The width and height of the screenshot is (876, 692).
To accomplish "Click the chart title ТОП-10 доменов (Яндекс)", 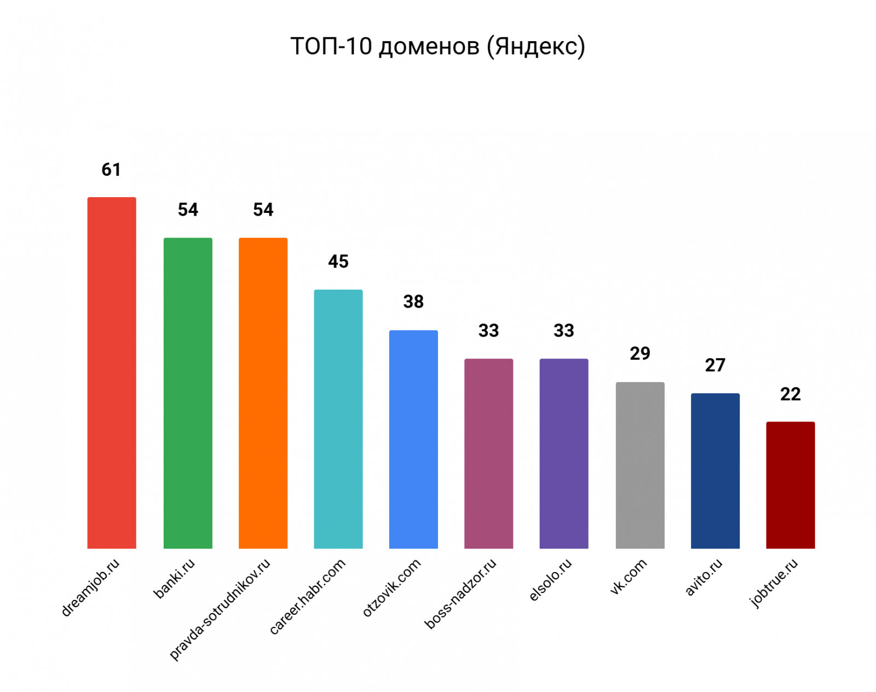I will [x=437, y=47].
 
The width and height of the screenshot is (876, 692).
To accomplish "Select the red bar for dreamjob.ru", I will [x=112, y=372].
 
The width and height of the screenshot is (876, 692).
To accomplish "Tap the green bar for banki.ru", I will [x=188, y=393].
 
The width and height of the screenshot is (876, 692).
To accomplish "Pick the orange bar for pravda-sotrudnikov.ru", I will [x=263, y=393].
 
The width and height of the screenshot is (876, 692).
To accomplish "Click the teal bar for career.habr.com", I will [x=338, y=419].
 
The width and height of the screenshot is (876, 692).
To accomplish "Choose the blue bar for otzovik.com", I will [x=413, y=439].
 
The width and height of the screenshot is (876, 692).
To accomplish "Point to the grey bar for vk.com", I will [x=639, y=465].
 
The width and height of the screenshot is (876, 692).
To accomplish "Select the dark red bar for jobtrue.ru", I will [x=790, y=485].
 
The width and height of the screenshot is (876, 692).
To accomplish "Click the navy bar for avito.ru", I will [x=715, y=470].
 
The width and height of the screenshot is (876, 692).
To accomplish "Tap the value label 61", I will [x=111, y=170].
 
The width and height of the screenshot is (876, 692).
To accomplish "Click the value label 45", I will [x=338, y=262].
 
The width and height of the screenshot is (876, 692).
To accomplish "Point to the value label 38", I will [x=413, y=302].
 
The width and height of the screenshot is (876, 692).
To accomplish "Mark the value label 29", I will [x=639, y=354].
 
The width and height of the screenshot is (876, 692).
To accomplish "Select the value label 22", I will [x=790, y=394].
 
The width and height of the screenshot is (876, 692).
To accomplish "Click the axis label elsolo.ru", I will [x=551, y=580].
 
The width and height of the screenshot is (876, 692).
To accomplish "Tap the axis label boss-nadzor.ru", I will [x=460, y=593].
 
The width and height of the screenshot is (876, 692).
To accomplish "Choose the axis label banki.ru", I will [x=174, y=578].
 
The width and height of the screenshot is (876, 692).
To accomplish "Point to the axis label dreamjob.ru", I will [x=90, y=587].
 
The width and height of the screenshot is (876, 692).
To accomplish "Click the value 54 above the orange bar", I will [x=263, y=210].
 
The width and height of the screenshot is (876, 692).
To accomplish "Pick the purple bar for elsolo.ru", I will [x=564, y=453].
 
